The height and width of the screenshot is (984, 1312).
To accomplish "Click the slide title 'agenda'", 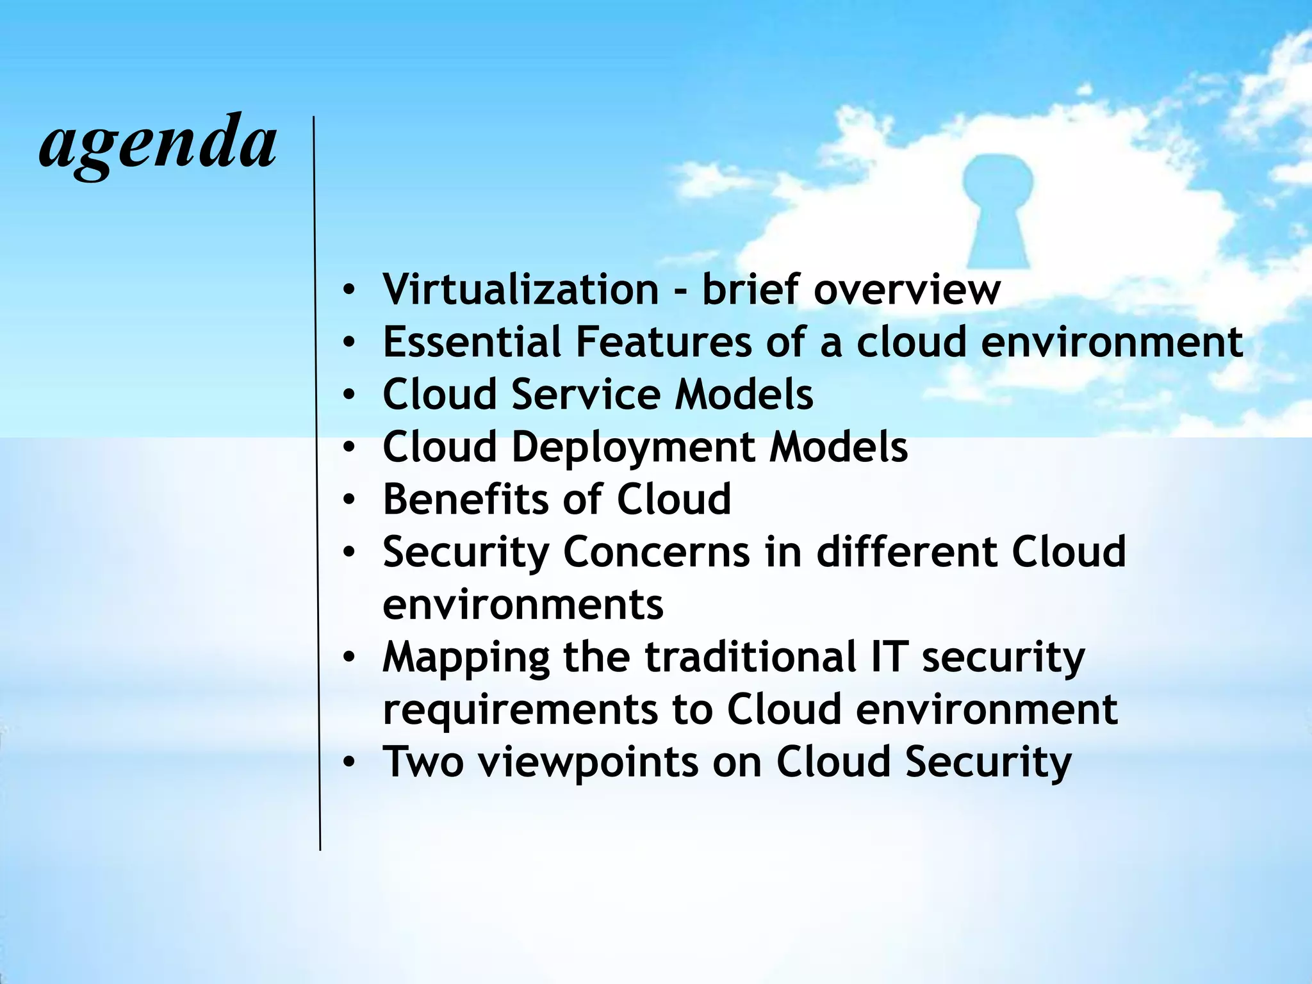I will pyautogui.click(x=158, y=145).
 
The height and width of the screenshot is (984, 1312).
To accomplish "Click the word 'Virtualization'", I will pyautogui.click(x=521, y=289).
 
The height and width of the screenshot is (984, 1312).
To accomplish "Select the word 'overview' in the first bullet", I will pyautogui.click(x=906, y=289).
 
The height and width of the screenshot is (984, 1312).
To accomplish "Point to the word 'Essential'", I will pyautogui.click(x=472, y=341).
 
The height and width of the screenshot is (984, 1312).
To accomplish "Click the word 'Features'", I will pyautogui.click(x=664, y=341).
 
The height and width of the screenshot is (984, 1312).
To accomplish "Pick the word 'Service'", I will pyautogui.click(x=586, y=394).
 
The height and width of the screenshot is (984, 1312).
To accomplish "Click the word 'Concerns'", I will pyautogui.click(x=656, y=552).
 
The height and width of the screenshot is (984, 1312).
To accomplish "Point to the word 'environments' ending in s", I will pyautogui.click(x=523, y=605).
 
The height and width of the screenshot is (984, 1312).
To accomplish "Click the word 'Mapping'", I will pyautogui.click(x=466, y=658).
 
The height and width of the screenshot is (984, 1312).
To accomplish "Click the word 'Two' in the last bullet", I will pyautogui.click(x=423, y=762).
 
